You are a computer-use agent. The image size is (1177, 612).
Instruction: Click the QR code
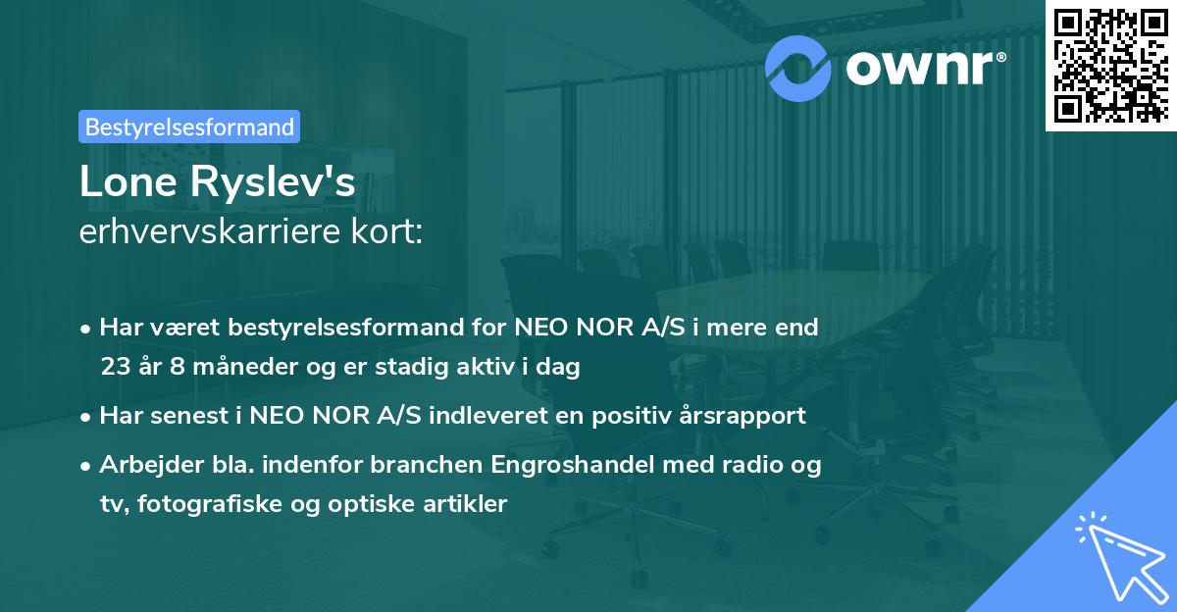(x=1110, y=64)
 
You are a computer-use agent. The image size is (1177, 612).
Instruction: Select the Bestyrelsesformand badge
(x=189, y=127)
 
